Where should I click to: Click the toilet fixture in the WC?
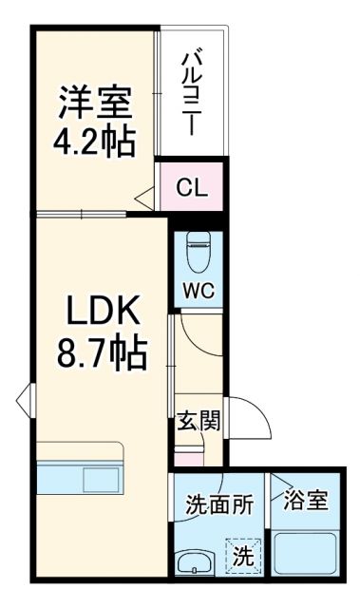(199, 248)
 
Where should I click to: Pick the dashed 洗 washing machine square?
(242, 555)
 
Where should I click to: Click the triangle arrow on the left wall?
(23, 399)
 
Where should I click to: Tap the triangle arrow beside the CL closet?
(144, 197)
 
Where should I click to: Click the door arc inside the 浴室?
(283, 490)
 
